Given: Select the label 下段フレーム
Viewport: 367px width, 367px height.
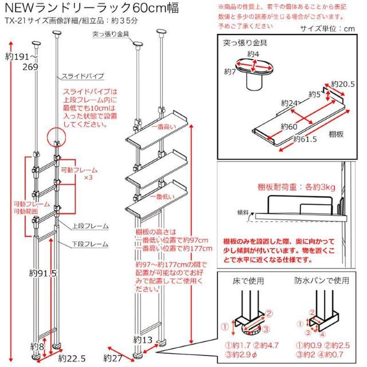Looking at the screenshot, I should tap(91, 244).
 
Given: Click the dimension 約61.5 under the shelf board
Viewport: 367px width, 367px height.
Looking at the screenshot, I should tap(306, 139).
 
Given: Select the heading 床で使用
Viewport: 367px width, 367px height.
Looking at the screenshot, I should tap(251, 282).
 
